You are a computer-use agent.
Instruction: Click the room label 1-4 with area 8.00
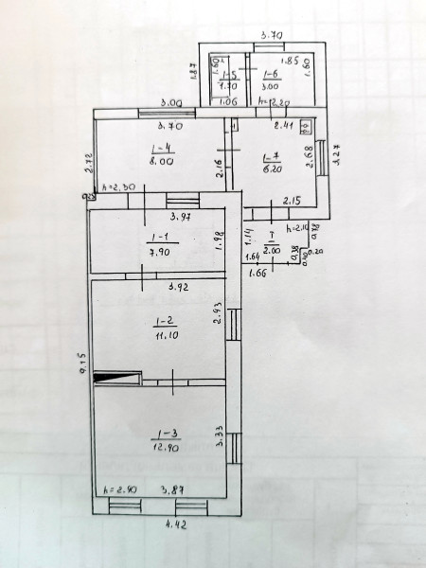pyautogui.click(x=161, y=149)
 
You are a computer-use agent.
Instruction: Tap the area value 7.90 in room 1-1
pyautogui.click(x=159, y=252)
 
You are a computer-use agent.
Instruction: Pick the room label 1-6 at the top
pyautogui.click(x=271, y=74)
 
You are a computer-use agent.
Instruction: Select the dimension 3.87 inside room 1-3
pyautogui.click(x=171, y=489)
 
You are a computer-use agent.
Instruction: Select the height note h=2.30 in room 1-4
pyautogui.click(x=117, y=186)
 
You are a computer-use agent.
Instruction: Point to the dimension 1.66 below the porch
pyautogui.click(x=256, y=274)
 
